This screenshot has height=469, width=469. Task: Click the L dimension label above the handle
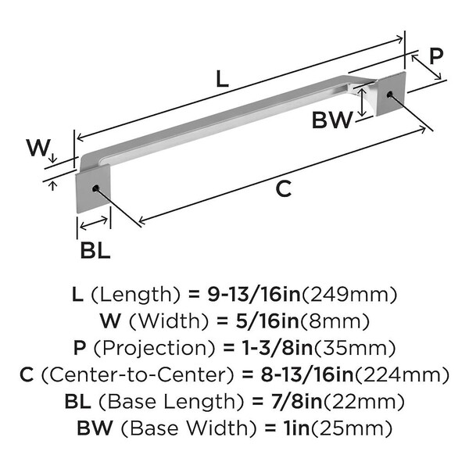223,78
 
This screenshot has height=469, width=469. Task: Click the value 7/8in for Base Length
287,401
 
